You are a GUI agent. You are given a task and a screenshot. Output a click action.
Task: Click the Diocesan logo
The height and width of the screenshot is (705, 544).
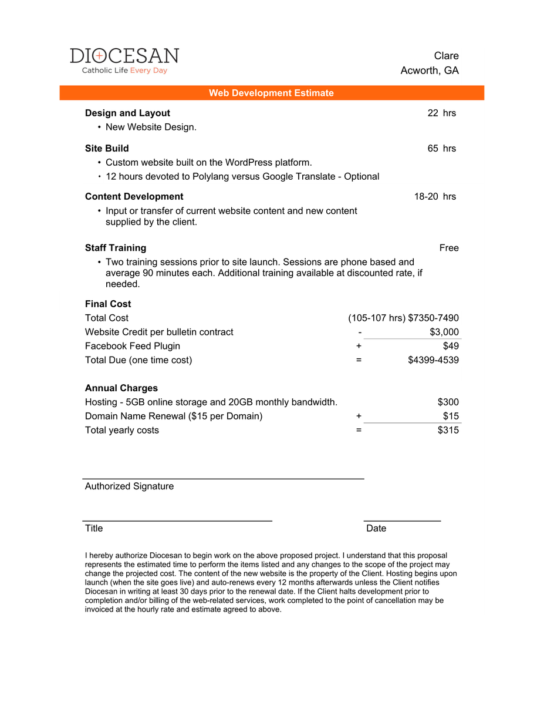tap(124, 61)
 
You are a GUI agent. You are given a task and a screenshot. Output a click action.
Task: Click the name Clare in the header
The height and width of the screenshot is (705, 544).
tap(446, 56)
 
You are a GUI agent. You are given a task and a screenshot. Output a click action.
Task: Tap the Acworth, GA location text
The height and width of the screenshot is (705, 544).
tap(430, 70)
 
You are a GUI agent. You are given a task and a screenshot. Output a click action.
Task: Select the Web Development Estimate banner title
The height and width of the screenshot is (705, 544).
tap(271, 93)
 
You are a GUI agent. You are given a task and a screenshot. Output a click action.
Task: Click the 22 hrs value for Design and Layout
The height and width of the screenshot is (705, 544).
tap(441, 113)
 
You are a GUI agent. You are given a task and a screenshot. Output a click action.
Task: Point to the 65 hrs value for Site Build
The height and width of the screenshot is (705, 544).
tap(441, 148)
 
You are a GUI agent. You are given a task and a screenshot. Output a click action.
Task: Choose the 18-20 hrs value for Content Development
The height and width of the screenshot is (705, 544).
tap(435, 196)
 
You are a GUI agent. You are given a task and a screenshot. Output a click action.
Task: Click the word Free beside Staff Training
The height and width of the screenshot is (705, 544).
tap(449, 248)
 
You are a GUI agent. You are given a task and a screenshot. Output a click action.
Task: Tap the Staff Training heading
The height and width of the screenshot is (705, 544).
tap(116, 248)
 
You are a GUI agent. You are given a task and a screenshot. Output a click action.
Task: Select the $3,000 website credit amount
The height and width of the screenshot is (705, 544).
tap(444, 332)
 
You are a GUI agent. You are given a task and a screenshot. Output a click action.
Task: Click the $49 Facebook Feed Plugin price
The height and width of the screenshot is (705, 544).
tap(451, 346)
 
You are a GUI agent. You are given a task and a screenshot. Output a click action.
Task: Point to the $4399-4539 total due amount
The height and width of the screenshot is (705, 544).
tap(433, 360)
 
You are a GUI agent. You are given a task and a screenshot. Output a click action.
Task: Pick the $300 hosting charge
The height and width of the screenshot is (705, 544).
tap(448, 402)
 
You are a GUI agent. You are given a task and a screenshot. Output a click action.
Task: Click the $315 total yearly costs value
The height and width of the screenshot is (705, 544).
tap(448, 430)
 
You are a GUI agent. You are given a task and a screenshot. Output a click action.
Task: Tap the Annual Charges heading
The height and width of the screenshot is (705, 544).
tap(121, 388)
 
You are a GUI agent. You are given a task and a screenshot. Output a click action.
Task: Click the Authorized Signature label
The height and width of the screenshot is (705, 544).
tap(129, 486)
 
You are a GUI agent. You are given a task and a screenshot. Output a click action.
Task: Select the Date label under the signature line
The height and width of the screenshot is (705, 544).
tap(376, 528)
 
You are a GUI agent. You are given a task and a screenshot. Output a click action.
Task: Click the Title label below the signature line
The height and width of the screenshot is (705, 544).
tap(94, 528)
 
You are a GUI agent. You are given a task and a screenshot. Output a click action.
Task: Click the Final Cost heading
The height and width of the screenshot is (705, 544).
tap(108, 304)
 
